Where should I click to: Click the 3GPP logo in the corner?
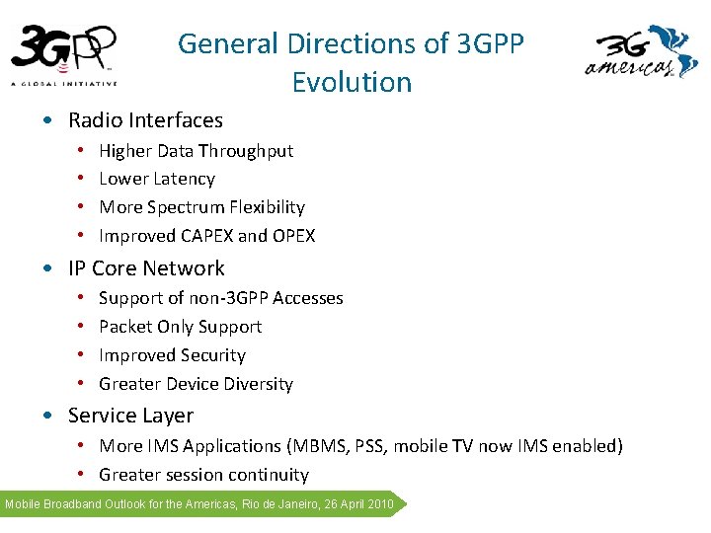point(64,55)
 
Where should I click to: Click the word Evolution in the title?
point(352,82)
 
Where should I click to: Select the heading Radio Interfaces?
point(145,120)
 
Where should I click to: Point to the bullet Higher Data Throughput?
point(196,151)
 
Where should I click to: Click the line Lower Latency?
point(157,179)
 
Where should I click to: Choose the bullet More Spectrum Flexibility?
point(201,207)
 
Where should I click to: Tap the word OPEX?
point(293,236)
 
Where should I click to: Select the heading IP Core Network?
point(146,268)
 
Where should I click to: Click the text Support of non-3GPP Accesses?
point(221,298)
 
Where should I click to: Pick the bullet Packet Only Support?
point(180,327)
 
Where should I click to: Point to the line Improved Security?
point(172,355)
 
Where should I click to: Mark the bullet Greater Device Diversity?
point(196,384)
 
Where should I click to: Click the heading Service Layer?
point(130,416)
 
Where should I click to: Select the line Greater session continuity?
point(203,475)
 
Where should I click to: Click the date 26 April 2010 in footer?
point(354,504)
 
